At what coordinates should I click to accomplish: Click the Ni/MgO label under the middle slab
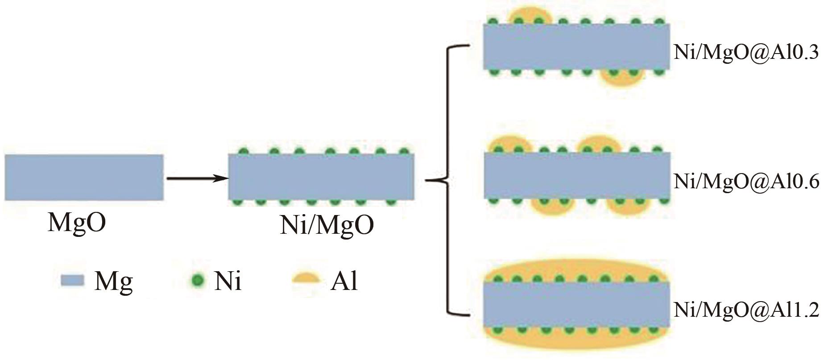pos(327,225)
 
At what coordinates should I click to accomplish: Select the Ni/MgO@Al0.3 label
pos(746,53)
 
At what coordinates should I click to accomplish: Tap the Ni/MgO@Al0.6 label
pos(746,182)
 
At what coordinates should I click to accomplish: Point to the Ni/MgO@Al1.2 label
pos(746,310)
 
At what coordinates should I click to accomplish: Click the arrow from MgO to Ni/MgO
pos(196,179)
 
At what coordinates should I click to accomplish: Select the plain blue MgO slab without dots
pos(84,177)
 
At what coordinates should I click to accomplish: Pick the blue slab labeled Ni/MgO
pos(321,177)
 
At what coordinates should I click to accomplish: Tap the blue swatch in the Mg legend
pos(72,280)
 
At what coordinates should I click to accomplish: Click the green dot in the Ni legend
pos(199,280)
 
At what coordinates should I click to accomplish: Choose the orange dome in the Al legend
pos(306,278)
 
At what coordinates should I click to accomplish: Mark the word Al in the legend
pos(344,281)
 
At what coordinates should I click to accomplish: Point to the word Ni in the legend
pos(228,281)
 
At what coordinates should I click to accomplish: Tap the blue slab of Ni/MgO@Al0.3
pos(576,46)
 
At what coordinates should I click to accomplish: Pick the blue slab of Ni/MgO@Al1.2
pos(576,305)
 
